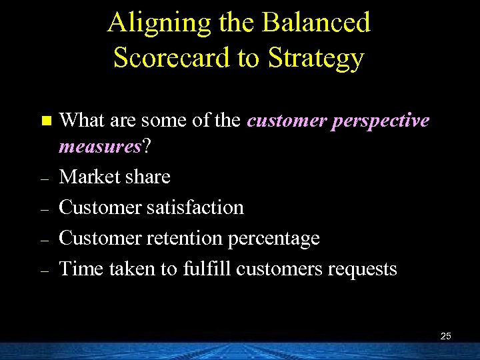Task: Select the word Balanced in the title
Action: coord(317,23)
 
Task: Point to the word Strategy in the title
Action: coord(316,59)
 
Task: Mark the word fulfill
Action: coord(207,269)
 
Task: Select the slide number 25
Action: coord(445,336)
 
